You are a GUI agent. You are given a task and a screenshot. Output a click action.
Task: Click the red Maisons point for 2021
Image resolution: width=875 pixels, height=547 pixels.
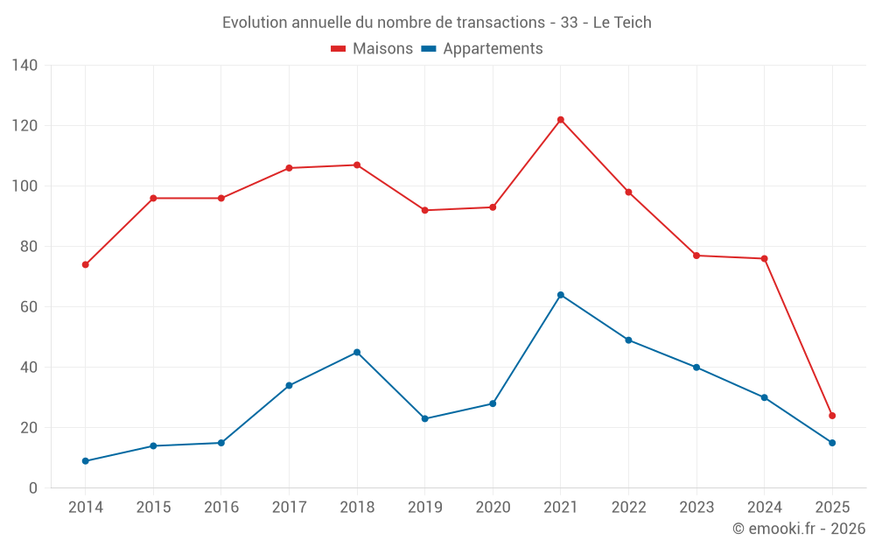pyautogui.click(x=561, y=120)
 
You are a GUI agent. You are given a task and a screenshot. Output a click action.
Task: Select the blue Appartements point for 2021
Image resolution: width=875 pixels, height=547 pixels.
pyautogui.click(x=561, y=295)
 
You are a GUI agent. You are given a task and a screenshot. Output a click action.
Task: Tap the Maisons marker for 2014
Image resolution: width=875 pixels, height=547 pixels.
pyautogui.click(x=86, y=264)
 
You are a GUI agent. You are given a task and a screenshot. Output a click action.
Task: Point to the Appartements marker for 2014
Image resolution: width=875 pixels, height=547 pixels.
pyautogui.click(x=86, y=461)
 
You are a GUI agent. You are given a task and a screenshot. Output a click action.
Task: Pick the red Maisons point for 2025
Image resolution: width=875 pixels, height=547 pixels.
pyautogui.click(x=832, y=416)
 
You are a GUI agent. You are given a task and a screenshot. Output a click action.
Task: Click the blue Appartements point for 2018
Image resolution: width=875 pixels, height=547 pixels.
pyautogui.click(x=357, y=353)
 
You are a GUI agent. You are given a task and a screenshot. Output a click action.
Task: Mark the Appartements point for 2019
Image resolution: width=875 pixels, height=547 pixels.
pyautogui.click(x=425, y=418)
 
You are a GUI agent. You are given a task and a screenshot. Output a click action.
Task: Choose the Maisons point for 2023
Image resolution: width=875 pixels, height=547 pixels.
pyautogui.click(x=696, y=256)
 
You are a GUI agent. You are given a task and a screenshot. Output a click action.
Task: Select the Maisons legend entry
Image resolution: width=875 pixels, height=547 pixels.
pyautogui.click(x=372, y=49)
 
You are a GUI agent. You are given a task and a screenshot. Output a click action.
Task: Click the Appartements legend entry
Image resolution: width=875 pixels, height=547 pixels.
pyautogui.click(x=482, y=49)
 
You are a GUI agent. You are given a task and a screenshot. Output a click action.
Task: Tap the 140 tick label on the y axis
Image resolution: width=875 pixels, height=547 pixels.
pyautogui.click(x=25, y=66)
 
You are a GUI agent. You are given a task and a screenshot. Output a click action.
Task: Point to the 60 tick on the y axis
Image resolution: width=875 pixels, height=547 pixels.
pyautogui.click(x=30, y=307)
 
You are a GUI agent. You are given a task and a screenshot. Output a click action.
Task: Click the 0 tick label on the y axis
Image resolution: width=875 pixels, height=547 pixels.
pyautogui.click(x=33, y=488)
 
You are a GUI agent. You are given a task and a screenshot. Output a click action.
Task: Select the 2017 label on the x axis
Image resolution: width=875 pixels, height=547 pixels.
pyautogui.click(x=290, y=508)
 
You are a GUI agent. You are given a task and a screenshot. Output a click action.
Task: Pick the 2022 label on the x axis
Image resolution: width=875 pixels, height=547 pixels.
pyautogui.click(x=629, y=508)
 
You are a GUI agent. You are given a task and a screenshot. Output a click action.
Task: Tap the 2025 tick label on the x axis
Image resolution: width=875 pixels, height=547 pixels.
pyautogui.click(x=832, y=508)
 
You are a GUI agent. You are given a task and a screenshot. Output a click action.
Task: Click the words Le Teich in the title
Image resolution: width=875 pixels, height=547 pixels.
pyautogui.click(x=622, y=23)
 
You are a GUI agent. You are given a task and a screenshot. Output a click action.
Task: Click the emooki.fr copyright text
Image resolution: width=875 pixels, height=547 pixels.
pyautogui.click(x=799, y=529)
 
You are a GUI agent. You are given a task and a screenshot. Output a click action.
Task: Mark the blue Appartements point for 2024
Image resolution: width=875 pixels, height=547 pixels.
pyautogui.click(x=765, y=397)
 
